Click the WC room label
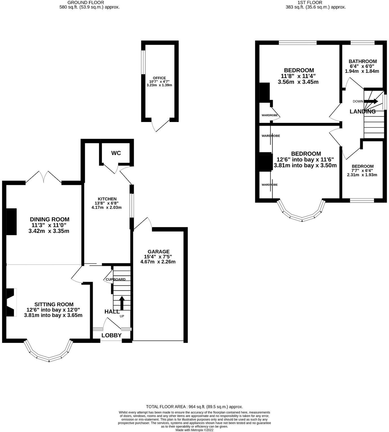(116, 153)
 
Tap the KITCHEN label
(107, 199)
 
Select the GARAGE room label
(159, 252)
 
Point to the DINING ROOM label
(49, 219)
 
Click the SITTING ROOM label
(54, 305)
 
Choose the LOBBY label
(111, 335)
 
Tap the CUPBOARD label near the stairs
(115, 279)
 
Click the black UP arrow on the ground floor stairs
(122, 303)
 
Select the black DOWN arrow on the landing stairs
(371, 101)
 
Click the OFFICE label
(159, 78)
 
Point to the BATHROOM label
(362, 61)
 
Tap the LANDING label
(362, 112)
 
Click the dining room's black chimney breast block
(11, 222)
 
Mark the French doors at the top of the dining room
(44, 177)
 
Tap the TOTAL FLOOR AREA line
(194, 407)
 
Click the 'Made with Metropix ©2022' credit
(194, 430)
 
